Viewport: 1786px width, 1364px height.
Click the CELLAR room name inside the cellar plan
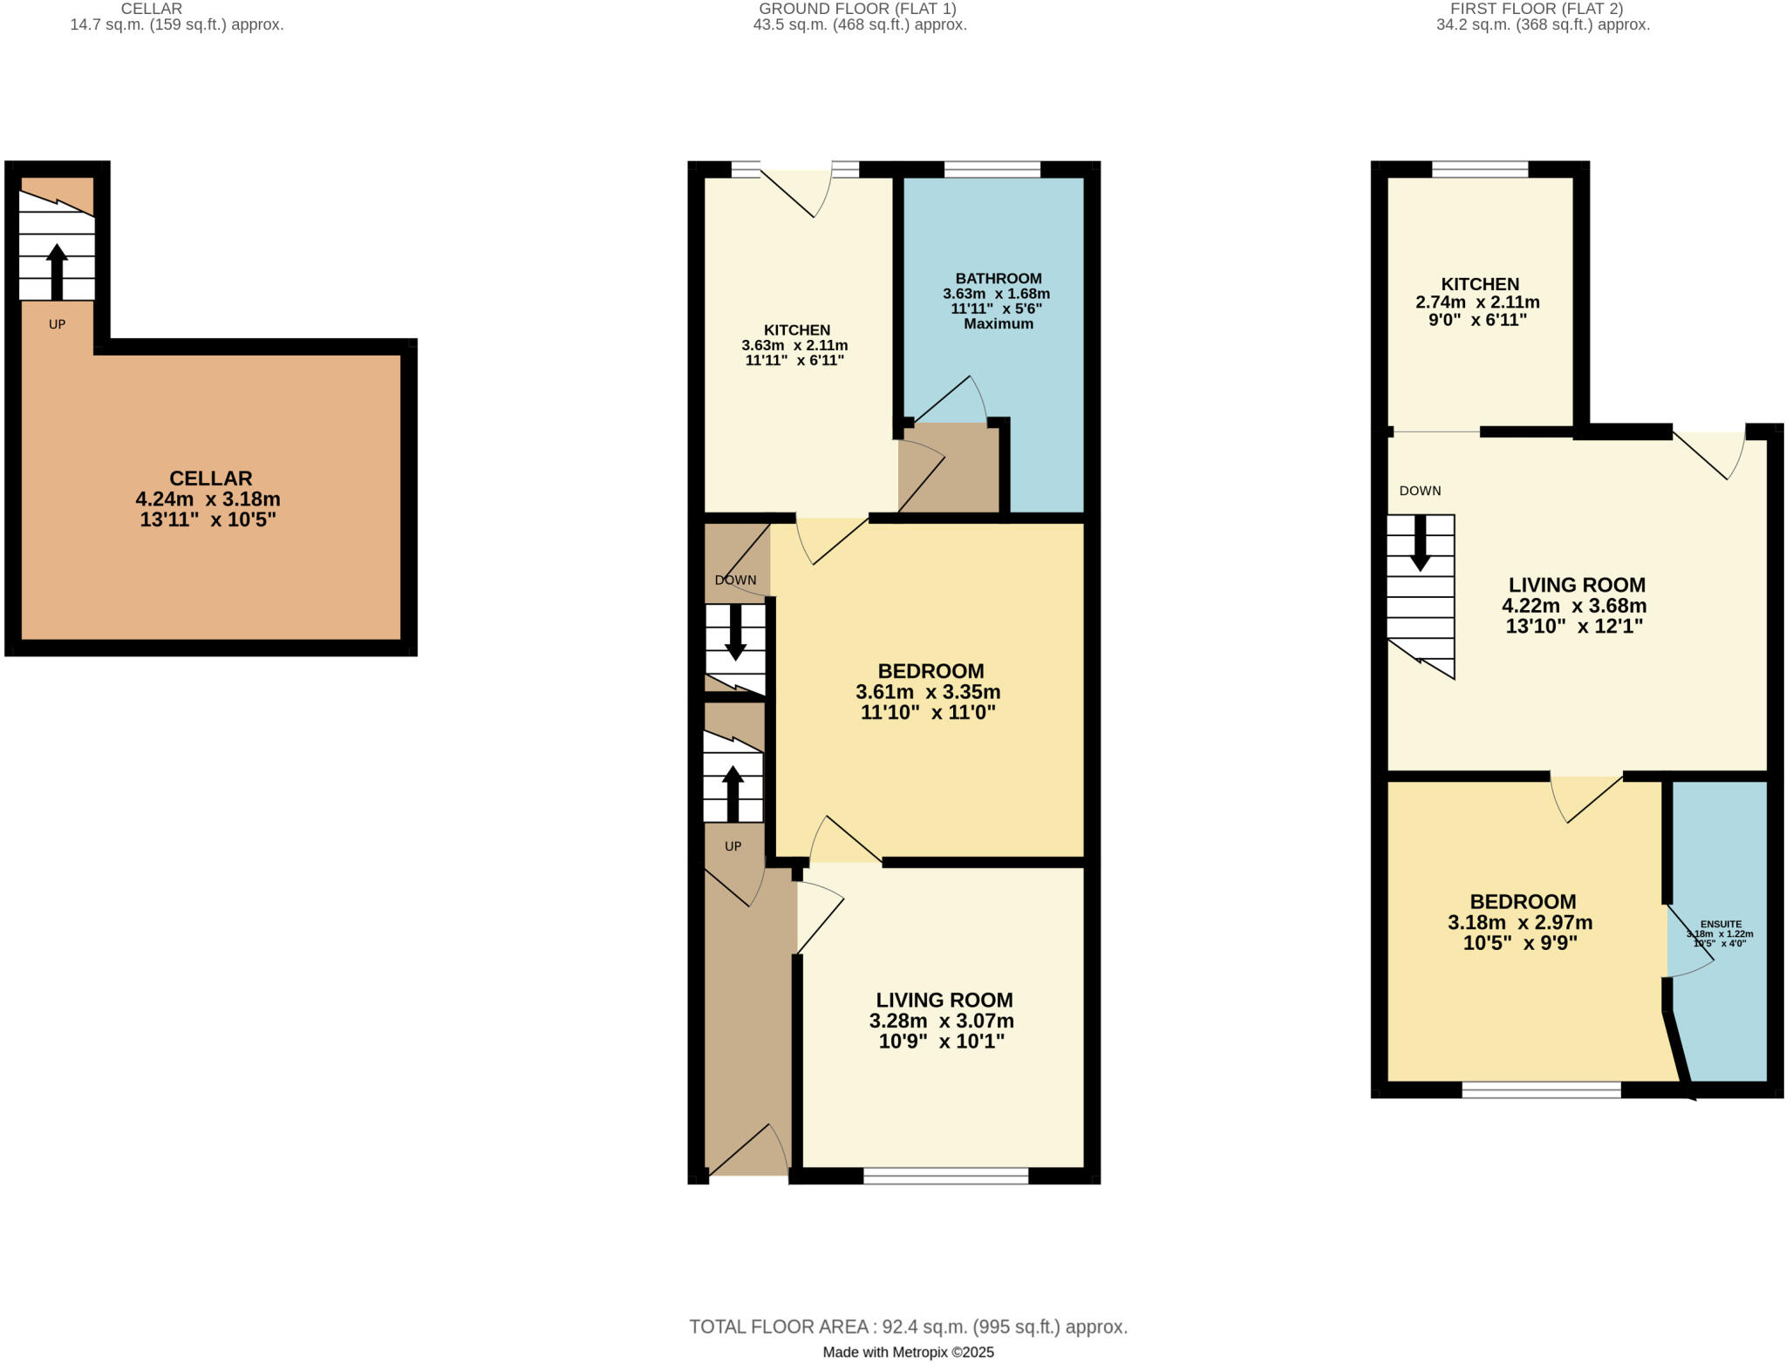(x=210, y=478)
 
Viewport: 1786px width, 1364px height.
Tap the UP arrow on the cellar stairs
(x=57, y=270)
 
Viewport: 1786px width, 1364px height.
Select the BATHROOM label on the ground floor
(x=998, y=278)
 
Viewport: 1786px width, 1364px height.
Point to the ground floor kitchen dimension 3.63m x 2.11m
(x=794, y=345)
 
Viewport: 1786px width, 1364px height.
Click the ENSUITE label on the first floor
(x=1721, y=924)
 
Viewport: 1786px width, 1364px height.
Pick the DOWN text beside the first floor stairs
(x=1420, y=491)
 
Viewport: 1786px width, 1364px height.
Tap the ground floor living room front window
(x=945, y=1176)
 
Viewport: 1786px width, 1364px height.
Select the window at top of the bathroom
(x=992, y=169)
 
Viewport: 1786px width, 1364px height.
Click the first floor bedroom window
(x=1541, y=1089)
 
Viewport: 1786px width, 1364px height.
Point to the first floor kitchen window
(x=1480, y=169)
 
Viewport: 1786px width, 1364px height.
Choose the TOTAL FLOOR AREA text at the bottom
(x=908, y=1327)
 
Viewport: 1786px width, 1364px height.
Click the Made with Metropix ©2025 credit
(x=908, y=1353)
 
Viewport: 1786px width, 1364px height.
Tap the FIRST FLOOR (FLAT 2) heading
(x=1543, y=9)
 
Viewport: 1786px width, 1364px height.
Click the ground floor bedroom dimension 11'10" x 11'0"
(x=928, y=713)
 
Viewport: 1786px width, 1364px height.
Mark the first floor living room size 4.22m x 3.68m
(x=1574, y=606)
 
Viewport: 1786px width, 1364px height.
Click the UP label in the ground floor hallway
(x=733, y=846)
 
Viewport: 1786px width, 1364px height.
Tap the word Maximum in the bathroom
(x=998, y=324)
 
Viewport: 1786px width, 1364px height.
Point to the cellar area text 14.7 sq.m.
(x=176, y=25)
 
